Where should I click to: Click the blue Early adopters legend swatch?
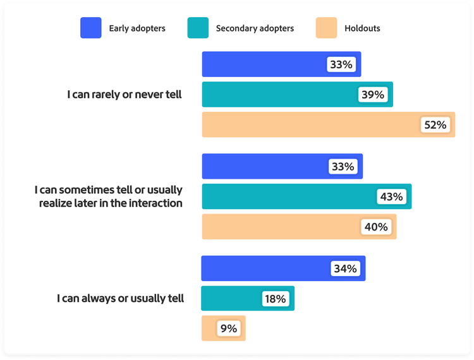coord(90,28)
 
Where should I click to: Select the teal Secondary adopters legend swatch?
coord(198,28)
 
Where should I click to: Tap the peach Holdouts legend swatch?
coord(327,28)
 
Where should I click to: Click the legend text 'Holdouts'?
coord(362,28)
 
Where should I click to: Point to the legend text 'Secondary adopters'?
coord(255,28)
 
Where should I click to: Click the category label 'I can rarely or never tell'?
coord(125,95)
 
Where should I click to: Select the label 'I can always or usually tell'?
coord(120,298)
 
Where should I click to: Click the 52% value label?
coord(435,125)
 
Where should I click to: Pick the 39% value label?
coord(373,95)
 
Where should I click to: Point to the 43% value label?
coord(391,196)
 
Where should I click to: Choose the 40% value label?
coord(376,226)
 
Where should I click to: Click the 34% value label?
coord(345,268)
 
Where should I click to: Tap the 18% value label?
coord(275,299)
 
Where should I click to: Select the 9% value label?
coord(228,328)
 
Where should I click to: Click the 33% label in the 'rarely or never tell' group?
coord(341,64)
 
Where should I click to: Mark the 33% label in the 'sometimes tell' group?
coord(343,167)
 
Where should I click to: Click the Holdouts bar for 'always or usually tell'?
coord(211,328)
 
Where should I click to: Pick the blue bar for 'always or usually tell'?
coord(265,268)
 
